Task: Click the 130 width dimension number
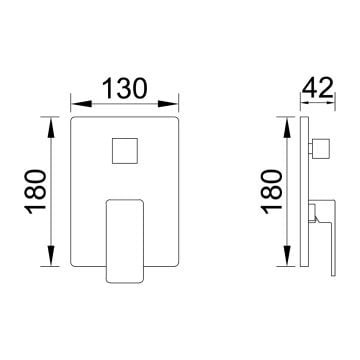click(x=124, y=88)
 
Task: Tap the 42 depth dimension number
click(x=318, y=88)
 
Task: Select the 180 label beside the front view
click(x=35, y=192)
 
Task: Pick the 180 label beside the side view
click(x=272, y=192)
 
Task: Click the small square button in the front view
click(x=125, y=151)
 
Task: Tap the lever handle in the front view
click(x=125, y=241)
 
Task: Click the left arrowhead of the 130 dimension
click(x=82, y=104)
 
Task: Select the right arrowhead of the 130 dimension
click(x=168, y=104)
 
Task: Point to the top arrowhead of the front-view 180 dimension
click(x=51, y=128)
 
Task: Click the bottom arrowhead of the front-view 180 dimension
click(x=51, y=255)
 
